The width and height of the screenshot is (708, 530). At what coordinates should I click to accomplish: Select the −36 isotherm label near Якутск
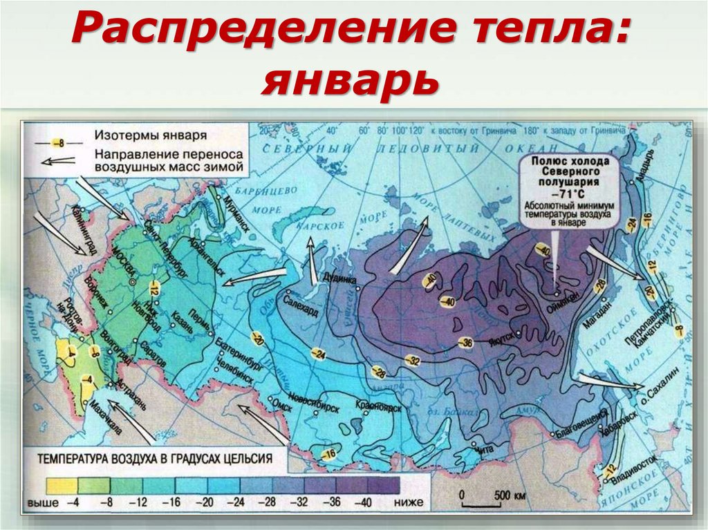pyautogui.click(x=469, y=342)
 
